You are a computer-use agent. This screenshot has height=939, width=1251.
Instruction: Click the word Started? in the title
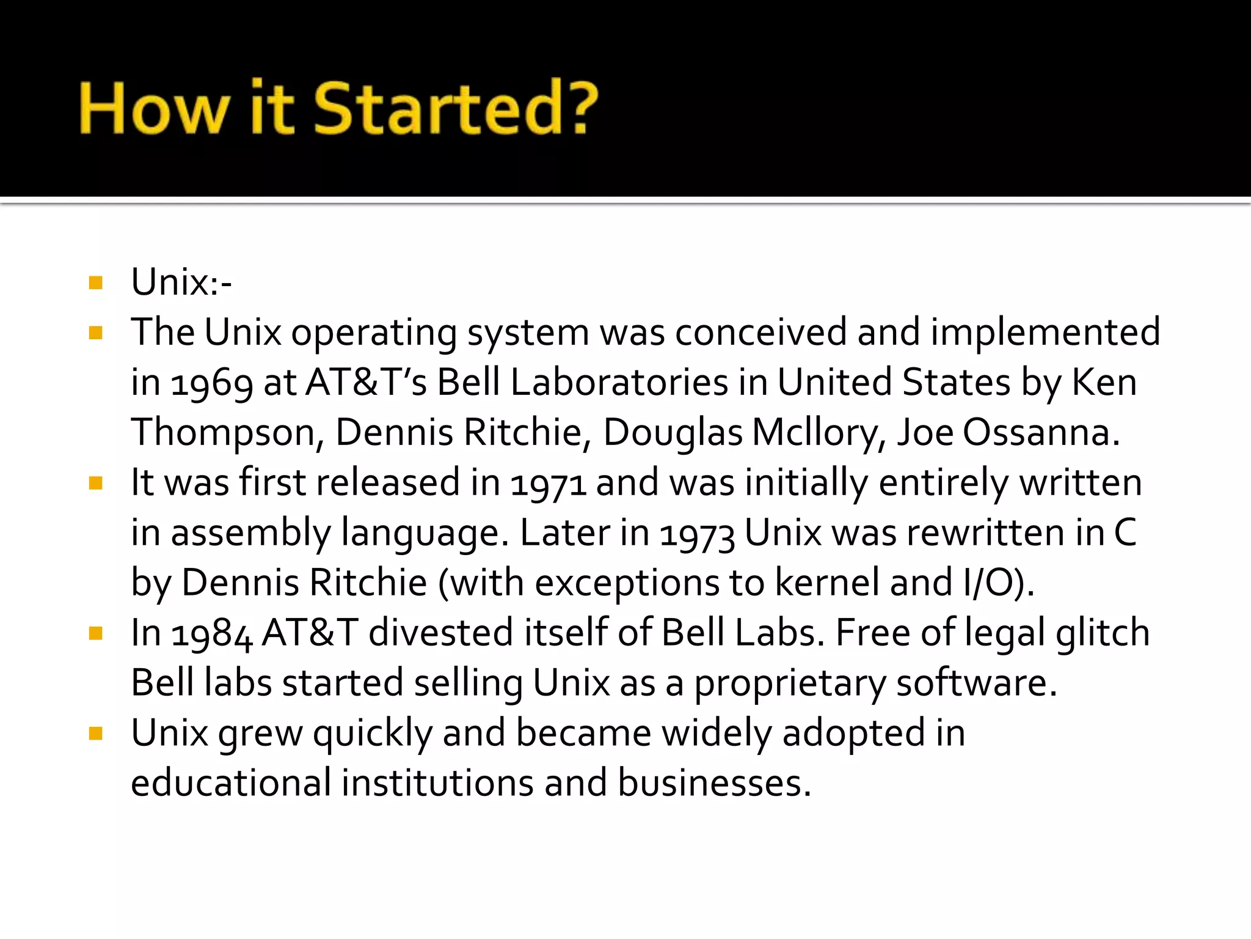[x=456, y=108]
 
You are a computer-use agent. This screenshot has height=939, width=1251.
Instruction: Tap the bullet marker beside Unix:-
[x=95, y=283]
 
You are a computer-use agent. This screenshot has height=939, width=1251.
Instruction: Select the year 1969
[x=211, y=383]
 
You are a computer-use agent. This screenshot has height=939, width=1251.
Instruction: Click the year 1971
[x=548, y=484]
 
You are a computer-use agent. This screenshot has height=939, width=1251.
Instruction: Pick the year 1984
[x=211, y=633]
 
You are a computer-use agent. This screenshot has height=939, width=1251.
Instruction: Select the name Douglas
[x=673, y=433]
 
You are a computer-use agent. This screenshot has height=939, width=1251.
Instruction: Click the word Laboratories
[x=619, y=383]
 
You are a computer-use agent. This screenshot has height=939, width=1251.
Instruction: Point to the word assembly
[x=250, y=534]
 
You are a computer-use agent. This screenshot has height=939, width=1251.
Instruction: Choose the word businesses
[x=713, y=783]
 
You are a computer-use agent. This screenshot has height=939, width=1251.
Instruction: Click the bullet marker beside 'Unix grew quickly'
[x=95, y=734]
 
